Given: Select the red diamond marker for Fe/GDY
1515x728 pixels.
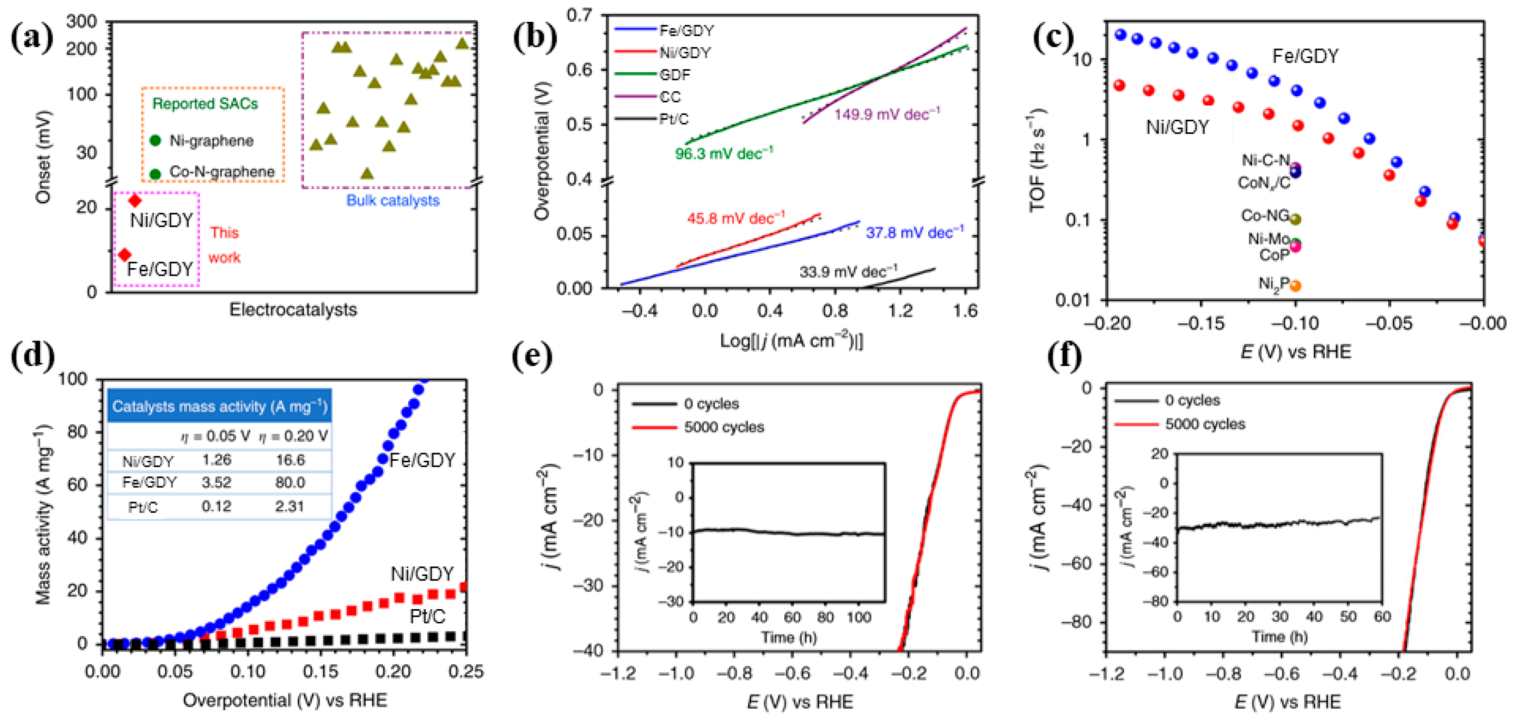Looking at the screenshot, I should coord(125,255).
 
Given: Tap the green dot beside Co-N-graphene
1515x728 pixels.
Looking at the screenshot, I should coord(155,174).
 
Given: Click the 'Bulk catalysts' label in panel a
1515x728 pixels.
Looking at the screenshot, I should coord(393,200).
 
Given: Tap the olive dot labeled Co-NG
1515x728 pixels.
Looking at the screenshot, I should coord(1294,219).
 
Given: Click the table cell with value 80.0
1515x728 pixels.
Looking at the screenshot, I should coord(290,483).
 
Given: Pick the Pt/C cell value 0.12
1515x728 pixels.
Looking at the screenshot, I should coord(216,506).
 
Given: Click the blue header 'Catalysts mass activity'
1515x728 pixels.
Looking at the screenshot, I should coord(219,406).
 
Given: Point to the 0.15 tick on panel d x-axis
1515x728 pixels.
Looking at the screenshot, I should coord(321,672).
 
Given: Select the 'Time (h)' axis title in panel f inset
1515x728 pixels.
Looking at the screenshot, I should coord(1279,637).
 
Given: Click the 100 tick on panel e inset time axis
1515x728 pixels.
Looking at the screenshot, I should coord(859,617).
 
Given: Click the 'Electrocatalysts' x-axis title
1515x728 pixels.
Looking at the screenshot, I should coord(293,310).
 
